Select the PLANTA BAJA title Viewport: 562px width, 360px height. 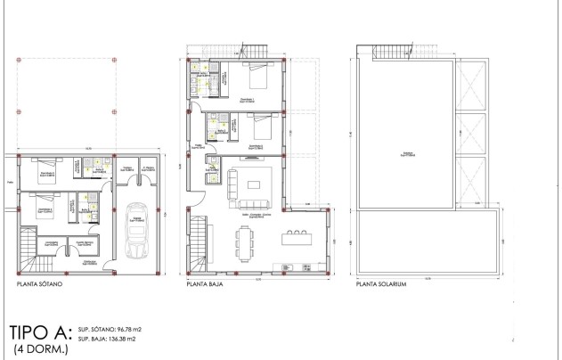(205, 287)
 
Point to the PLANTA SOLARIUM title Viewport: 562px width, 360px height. (380, 287)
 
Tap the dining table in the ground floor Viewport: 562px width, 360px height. (245, 238)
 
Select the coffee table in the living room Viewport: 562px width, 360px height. (254, 184)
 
